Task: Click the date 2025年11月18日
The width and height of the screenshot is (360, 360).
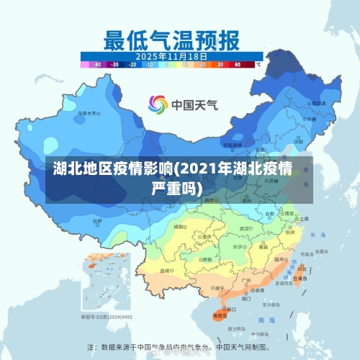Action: click(172, 56)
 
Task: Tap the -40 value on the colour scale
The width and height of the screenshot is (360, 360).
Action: click(98, 65)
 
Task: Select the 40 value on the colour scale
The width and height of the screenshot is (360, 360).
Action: click(237, 65)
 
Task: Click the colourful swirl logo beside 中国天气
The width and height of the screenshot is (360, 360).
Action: click(158, 105)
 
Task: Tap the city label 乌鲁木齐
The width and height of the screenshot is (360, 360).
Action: click(88, 114)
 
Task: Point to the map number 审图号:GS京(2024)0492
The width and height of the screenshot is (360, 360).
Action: click(107, 316)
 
